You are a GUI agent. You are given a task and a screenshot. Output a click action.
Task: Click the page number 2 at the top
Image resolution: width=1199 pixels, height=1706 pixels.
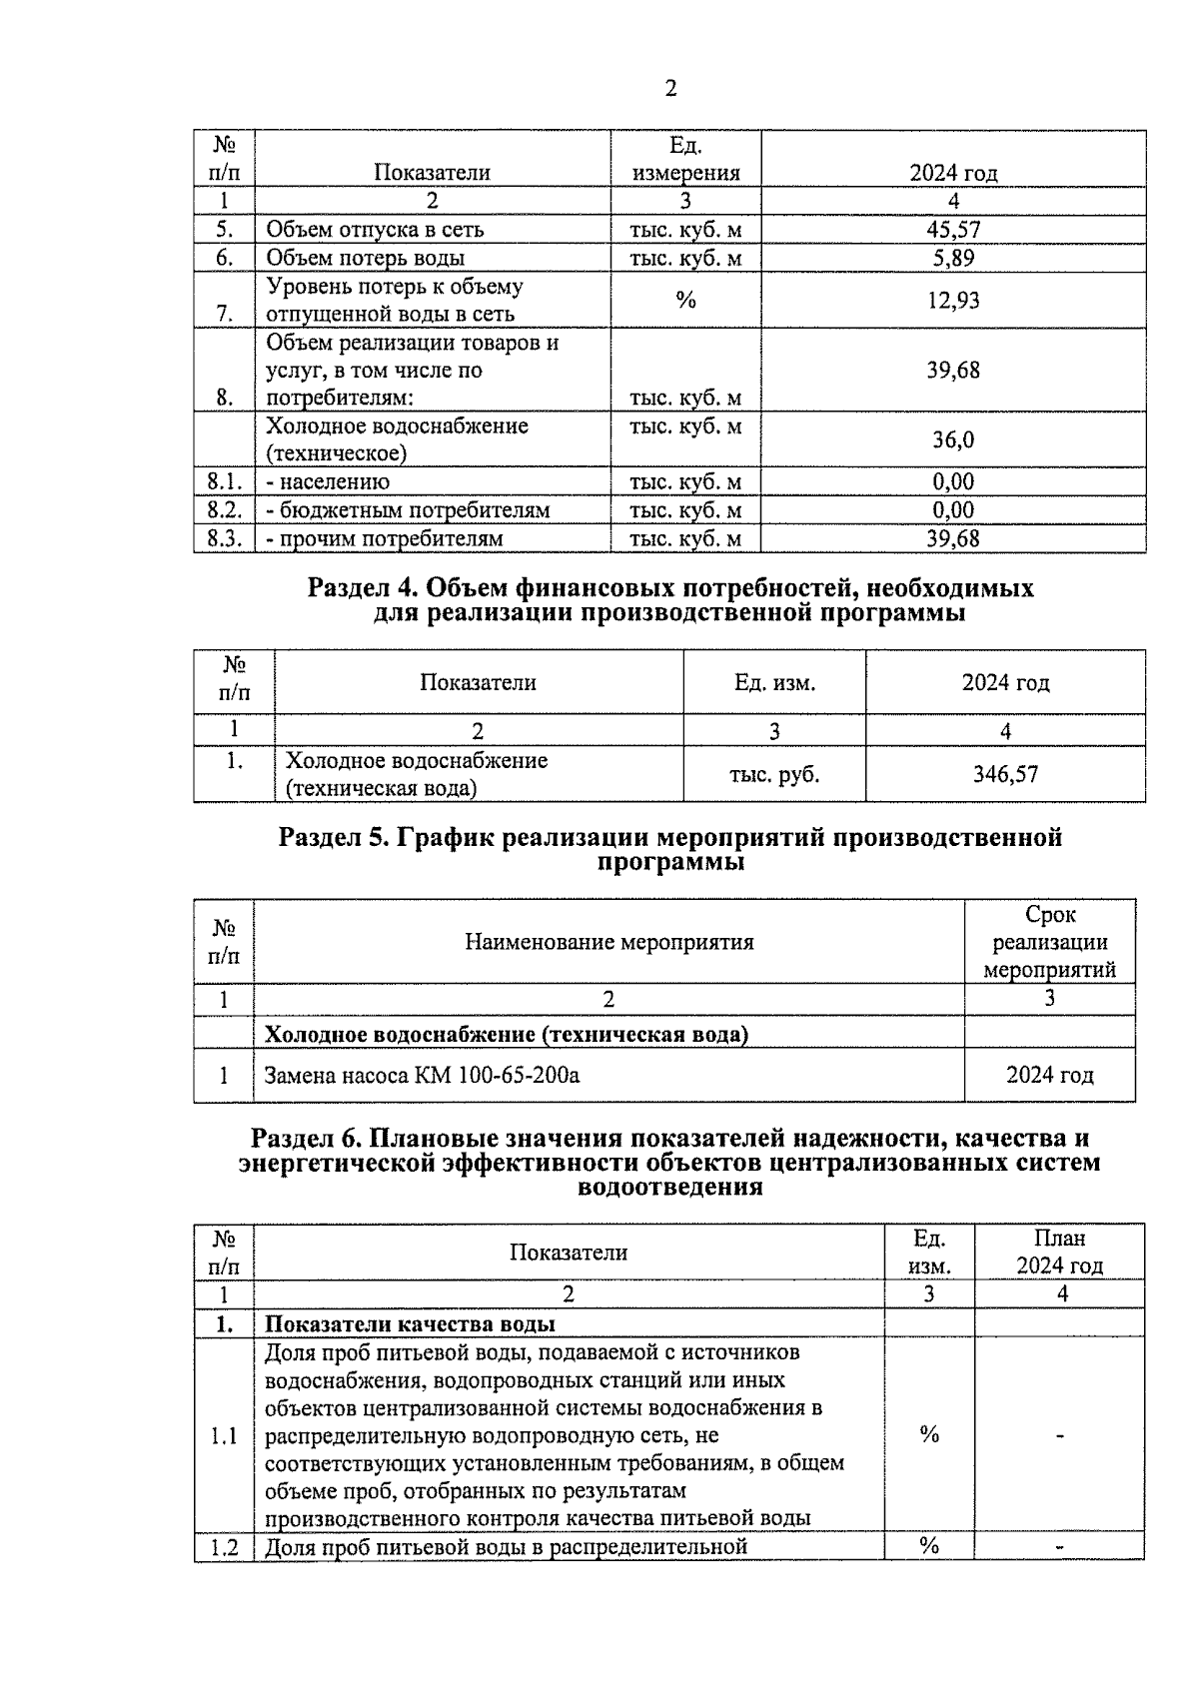point(670,89)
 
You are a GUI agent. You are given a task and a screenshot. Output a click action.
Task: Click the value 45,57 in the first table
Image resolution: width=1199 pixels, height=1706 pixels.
point(953,230)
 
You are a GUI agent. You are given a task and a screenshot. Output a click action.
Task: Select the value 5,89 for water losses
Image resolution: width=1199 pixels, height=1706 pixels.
point(953,258)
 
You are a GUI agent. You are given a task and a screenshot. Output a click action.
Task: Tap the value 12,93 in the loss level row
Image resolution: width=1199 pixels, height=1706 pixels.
point(953,300)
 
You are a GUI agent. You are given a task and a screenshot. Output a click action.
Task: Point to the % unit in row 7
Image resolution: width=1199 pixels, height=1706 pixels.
point(685,300)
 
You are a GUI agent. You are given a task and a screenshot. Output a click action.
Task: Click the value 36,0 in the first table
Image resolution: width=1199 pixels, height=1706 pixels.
point(953,439)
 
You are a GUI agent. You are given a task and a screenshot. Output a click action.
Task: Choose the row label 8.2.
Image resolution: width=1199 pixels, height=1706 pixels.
point(225,510)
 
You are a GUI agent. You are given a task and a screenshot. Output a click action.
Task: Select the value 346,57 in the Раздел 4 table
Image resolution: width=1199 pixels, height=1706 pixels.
point(1005,774)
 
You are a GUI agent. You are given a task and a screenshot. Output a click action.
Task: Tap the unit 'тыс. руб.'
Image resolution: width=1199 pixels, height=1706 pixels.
point(774,774)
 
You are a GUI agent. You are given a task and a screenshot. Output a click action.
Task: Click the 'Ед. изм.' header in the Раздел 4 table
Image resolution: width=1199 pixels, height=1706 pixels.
point(774,683)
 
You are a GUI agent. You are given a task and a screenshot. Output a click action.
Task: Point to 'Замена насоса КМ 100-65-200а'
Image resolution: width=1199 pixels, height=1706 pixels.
point(422,1076)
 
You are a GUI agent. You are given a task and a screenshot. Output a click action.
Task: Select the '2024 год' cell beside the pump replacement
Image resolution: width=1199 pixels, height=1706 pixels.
point(1049,1076)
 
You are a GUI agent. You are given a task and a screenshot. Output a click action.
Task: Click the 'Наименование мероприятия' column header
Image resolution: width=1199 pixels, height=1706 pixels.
point(608,942)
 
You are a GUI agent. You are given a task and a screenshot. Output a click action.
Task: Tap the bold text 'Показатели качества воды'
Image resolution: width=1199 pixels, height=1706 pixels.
point(410,1324)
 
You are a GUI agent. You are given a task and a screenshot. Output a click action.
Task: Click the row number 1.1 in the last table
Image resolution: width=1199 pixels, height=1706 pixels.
point(224,1436)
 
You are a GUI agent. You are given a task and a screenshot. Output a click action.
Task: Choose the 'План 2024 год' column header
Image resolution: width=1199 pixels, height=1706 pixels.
point(1059,1253)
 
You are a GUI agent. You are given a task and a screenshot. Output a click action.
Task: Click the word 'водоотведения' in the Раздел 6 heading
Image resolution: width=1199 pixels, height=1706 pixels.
point(670,1188)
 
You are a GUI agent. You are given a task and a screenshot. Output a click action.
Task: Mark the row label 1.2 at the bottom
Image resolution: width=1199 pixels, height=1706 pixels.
point(224,1547)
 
